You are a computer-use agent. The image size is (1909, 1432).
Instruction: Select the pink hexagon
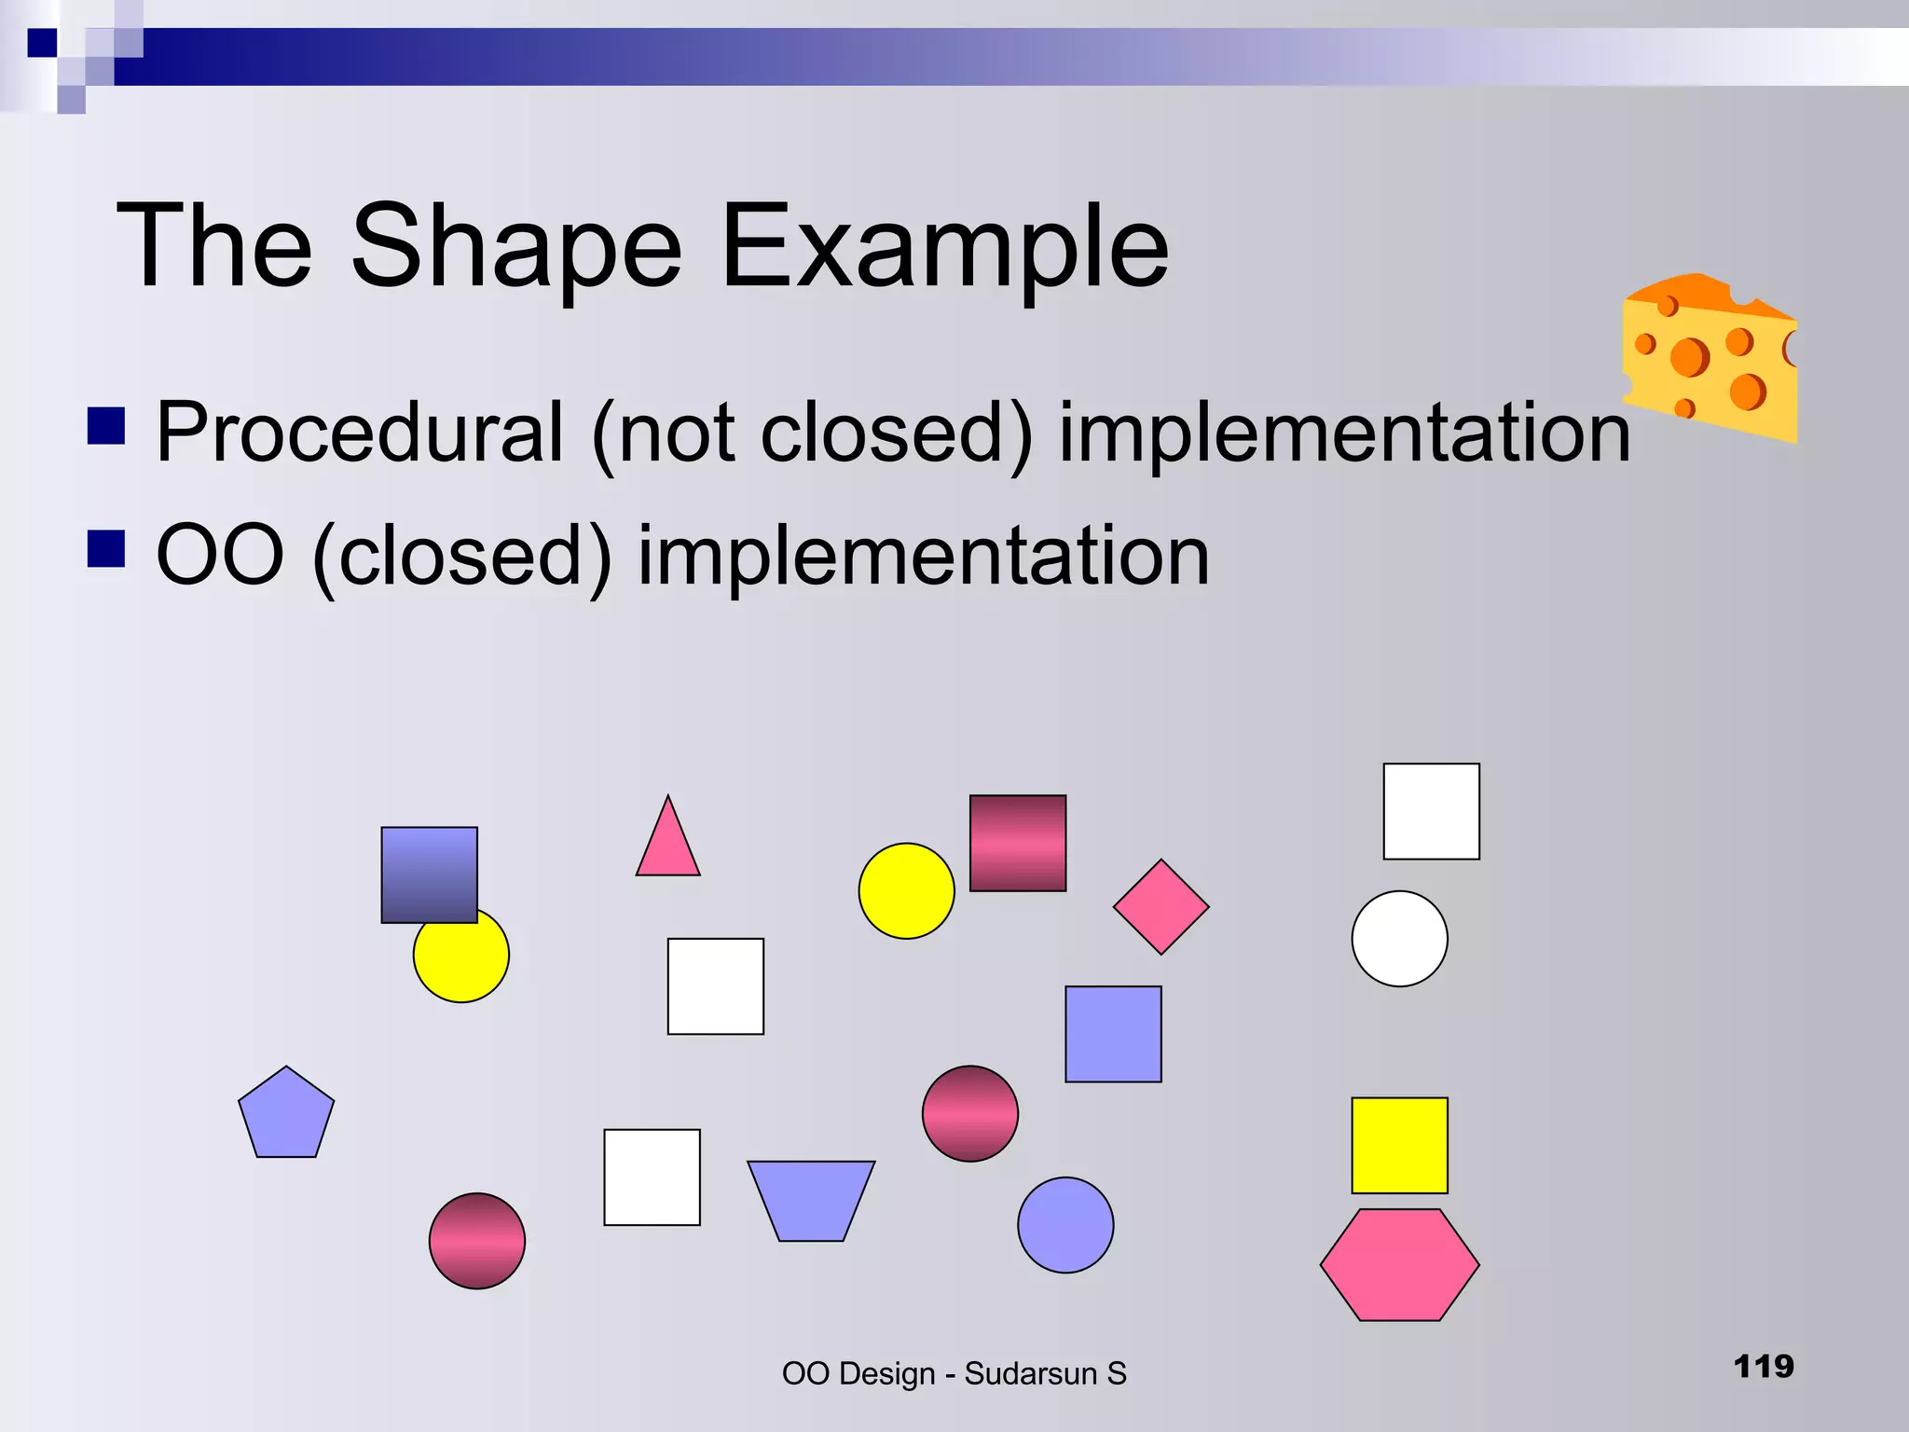(1399, 1264)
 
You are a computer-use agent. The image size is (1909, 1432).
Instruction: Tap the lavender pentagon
(286, 1116)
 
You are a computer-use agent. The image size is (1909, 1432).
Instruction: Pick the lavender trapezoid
(811, 1199)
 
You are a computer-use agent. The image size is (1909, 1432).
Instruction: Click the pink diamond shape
(1161, 906)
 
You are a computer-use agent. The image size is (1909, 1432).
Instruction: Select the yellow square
(1399, 1145)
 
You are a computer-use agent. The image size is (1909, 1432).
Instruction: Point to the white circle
(1399, 938)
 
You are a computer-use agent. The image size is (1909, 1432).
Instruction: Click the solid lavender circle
(1065, 1224)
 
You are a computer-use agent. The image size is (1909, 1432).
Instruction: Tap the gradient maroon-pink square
(1018, 843)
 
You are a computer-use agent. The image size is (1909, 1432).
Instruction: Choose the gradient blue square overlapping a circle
(429, 874)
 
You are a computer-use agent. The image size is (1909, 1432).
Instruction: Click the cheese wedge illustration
(1710, 359)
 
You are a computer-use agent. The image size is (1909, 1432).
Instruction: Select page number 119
(1763, 1367)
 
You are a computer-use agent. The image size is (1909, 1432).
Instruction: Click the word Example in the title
(943, 247)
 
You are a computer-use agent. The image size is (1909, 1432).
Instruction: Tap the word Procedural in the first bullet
(360, 433)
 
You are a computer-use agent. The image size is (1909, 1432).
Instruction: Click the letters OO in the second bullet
(220, 556)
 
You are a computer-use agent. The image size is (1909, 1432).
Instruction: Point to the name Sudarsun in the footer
(1030, 1373)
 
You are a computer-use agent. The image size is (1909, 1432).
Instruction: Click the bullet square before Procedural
(106, 425)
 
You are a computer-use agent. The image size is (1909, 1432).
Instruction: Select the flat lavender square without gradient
(1113, 1034)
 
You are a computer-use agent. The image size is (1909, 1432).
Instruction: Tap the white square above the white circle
(1431, 811)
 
